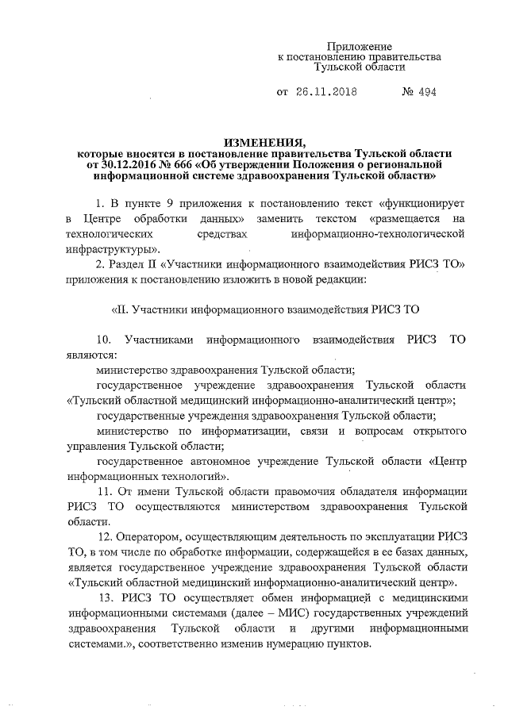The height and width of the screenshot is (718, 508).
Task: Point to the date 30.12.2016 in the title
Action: pyautogui.click(x=131, y=165)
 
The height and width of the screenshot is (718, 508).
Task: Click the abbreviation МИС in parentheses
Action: pyautogui.click(x=285, y=612)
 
